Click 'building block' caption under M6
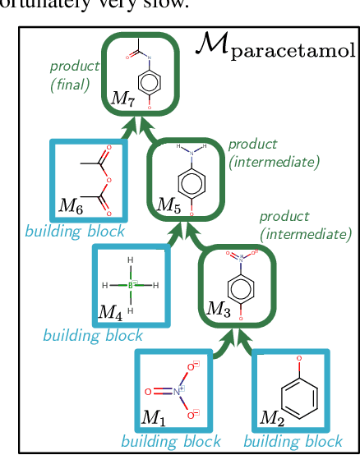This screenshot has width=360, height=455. pyautogui.click(x=75, y=231)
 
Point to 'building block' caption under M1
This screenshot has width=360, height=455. pyautogui.click(x=170, y=442)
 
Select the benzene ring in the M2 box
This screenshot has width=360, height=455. pyautogui.click(x=297, y=393)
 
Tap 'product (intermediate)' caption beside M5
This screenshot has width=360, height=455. pyautogui.click(x=273, y=153)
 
